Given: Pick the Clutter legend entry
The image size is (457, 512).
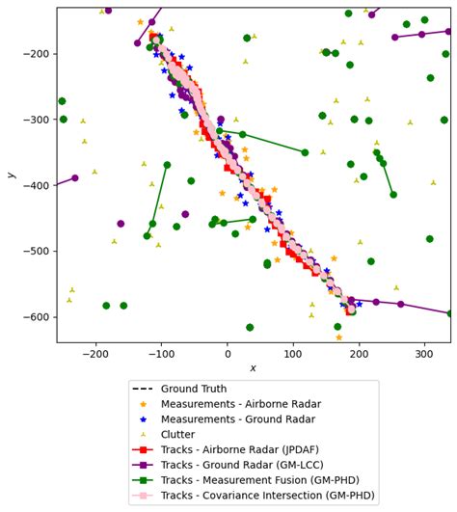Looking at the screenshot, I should (x=178, y=435).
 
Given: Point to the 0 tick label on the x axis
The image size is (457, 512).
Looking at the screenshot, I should (x=228, y=354).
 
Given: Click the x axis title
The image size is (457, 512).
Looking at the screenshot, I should (x=253, y=368).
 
